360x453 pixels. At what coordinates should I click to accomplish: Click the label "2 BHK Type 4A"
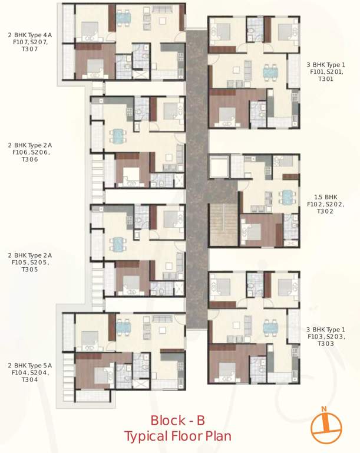click(29, 35)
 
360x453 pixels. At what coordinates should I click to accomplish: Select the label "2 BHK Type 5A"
click(29, 366)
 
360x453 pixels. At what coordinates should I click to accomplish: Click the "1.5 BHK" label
click(326, 196)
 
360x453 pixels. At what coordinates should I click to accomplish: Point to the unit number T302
click(326, 211)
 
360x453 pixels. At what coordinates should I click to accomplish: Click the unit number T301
click(326, 78)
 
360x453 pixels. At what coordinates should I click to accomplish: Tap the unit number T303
click(326, 344)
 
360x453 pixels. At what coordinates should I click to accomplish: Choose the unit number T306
click(29, 159)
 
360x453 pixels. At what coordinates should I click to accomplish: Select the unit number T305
click(29, 270)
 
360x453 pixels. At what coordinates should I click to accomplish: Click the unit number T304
click(29, 380)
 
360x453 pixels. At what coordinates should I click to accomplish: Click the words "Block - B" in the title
click(177, 421)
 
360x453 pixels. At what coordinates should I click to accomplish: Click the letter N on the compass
click(323, 408)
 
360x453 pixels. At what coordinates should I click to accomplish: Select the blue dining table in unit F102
click(287, 196)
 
